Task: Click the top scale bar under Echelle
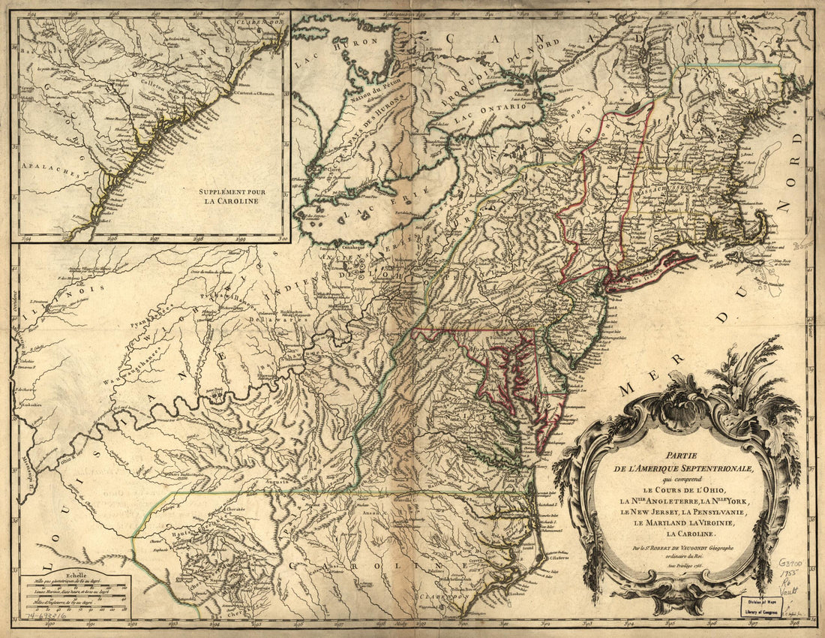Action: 75,582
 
